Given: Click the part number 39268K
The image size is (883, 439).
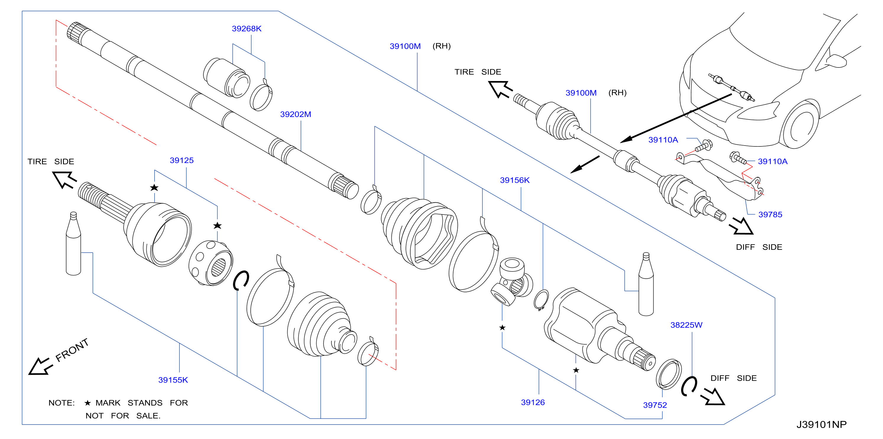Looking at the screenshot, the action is [x=247, y=29].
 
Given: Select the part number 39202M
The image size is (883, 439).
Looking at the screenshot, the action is [x=296, y=114].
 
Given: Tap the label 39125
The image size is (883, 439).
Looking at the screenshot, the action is [x=182, y=161].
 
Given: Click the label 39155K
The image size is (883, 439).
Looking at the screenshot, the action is [x=173, y=380].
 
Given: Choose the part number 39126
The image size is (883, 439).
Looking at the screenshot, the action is [x=533, y=403].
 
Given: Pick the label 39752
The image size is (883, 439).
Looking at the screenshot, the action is [x=655, y=405].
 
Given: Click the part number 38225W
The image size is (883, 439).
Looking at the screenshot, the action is [x=686, y=325].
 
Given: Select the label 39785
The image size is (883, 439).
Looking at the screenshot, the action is [x=770, y=215].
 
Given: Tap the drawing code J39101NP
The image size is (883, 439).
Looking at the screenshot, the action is [x=821, y=425].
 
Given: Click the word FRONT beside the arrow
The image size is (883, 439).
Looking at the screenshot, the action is [x=72, y=350].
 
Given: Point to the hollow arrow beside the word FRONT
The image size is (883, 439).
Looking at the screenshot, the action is [x=40, y=367].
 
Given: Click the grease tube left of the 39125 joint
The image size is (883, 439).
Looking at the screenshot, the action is [x=73, y=243].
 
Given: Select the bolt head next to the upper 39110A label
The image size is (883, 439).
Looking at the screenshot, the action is [x=707, y=145].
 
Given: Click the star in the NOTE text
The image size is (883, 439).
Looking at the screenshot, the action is [x=88, y=403].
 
